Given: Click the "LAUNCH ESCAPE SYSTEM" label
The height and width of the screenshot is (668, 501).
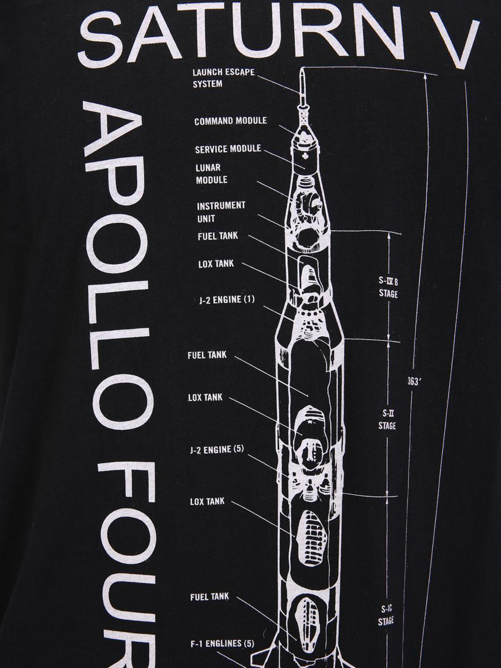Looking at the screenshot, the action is pos(224,78).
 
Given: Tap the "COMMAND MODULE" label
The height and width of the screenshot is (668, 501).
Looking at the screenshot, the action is pos(230,121).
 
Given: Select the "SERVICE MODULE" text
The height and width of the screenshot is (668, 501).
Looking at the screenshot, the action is pos(228,149).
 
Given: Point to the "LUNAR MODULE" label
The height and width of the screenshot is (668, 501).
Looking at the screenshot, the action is pos(212,174).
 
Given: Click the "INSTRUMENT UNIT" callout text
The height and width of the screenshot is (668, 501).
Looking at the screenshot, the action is pos(221,212).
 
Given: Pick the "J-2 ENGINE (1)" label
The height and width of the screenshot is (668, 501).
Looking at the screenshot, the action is pos(227,299).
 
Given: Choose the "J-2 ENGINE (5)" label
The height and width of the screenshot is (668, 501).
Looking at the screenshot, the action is pos(217,449).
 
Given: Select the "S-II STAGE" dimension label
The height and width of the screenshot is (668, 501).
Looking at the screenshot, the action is pos(387,419).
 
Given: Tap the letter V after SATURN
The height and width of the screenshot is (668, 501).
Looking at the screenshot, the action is pos(463,43).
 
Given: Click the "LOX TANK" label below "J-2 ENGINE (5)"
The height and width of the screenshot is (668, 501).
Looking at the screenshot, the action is pos(207,501).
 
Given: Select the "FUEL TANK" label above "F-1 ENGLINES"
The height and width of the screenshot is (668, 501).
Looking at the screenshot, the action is pos(209,597).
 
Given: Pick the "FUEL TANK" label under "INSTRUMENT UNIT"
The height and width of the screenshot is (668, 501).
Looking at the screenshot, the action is pos(217,236).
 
